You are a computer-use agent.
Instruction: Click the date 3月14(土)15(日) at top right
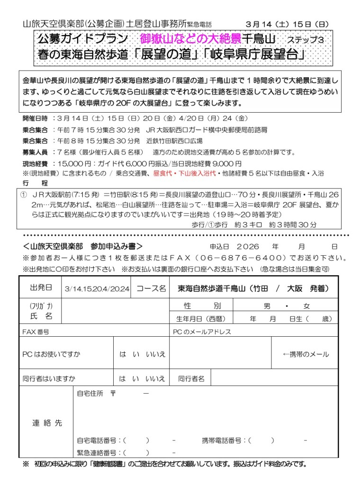[287, 24]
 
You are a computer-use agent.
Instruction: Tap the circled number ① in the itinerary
[24, 194]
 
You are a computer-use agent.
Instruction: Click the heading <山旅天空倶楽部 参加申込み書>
[82, 246]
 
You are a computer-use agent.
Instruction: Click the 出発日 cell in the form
[41, 288]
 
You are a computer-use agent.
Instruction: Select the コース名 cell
[151, 288]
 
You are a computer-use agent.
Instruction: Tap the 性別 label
[202, 306]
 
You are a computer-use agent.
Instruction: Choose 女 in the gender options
[307, 306]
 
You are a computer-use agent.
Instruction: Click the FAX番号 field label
[36, 332]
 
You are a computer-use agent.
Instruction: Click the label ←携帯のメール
[306, 354]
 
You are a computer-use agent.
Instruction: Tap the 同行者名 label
[191, 378]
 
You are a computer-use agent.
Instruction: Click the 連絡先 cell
[47, 423]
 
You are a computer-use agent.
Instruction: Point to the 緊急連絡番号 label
[99, 452]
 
